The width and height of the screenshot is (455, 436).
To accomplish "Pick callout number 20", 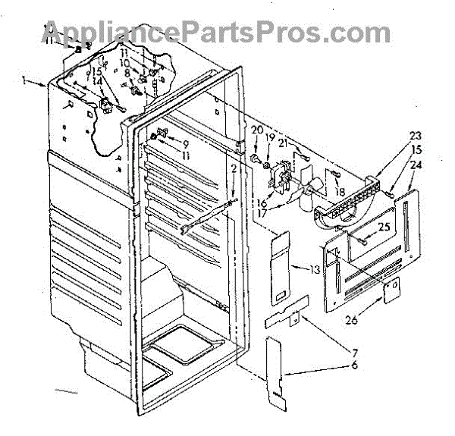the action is point(256,129).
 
